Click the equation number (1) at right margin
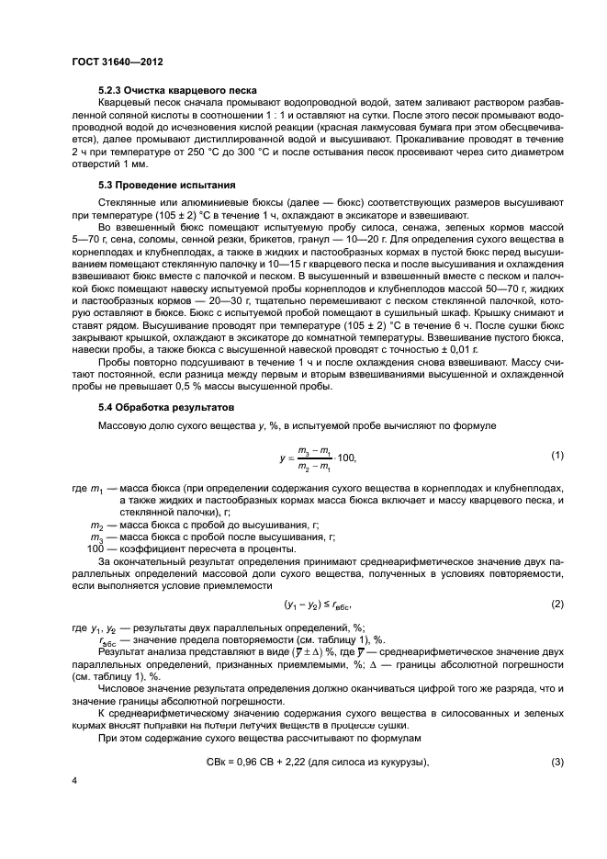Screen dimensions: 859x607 click(x=556, y=456)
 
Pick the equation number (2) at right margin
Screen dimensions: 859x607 click(x=556, y=604)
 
